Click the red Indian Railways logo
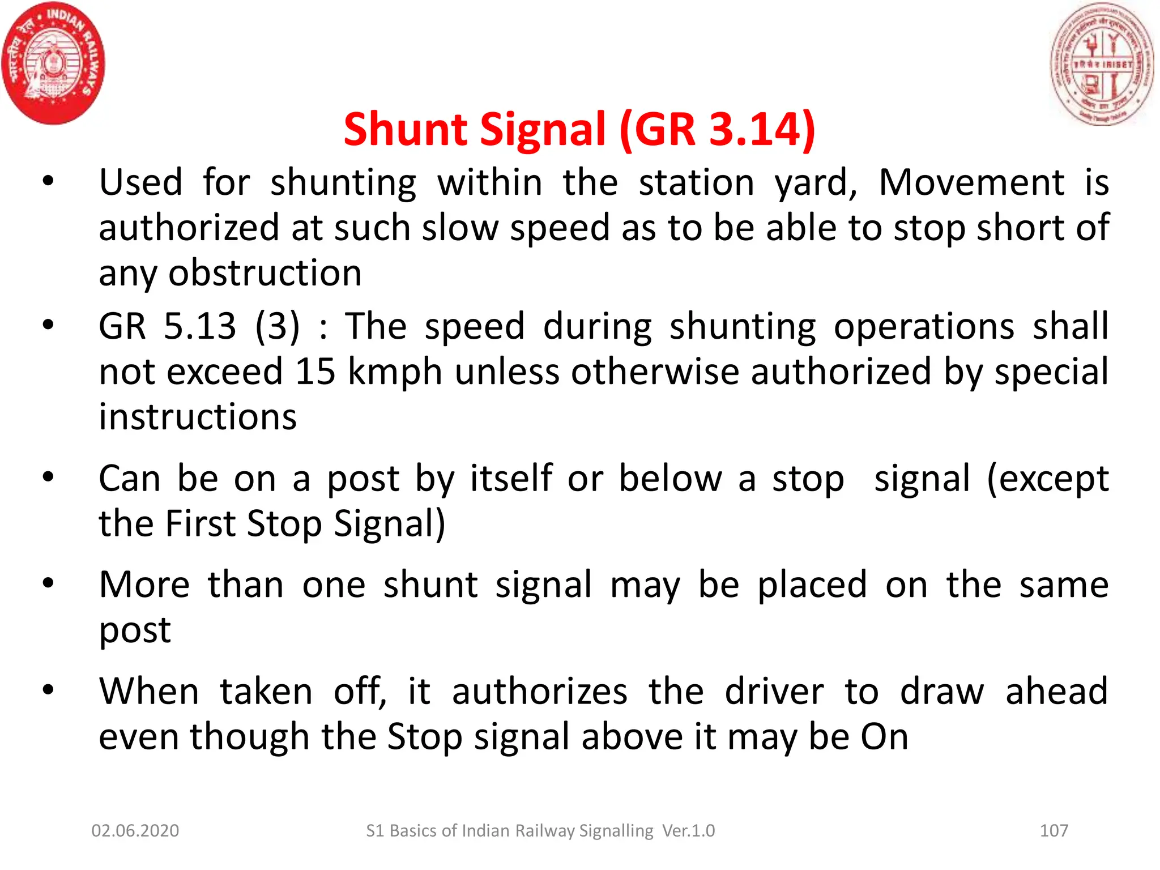click(54, 63)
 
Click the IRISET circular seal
click(1102, 63)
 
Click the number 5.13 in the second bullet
click(199, 326)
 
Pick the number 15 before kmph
click(315, 372)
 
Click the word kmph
click(395, 373)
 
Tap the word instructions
click(198, 417)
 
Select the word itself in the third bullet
click(511, 478)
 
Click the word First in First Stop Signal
click(200, 523)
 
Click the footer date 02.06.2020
click(135, 830)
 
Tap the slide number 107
click(1054, 830)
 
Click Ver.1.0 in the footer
click(688, 830)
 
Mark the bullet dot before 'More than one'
click(48, 583)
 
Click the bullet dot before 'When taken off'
click(48, 689)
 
